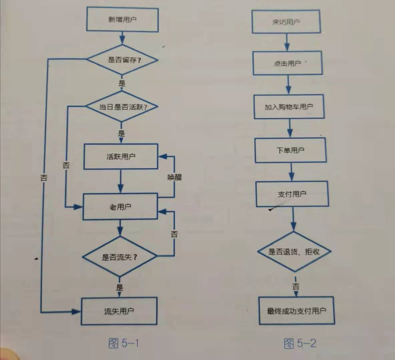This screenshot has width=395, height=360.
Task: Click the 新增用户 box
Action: [x=122, y=20]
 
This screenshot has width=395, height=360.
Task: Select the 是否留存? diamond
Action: [x=122, y=60]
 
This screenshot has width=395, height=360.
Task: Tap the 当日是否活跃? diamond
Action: [x=122, y=107]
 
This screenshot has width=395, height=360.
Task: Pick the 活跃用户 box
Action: [x=121, y=156]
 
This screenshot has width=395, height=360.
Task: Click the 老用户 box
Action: [x=120, y=207]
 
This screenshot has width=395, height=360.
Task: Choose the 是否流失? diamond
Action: [x=119, y=257]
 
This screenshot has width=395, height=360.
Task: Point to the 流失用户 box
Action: [x=119, y=311]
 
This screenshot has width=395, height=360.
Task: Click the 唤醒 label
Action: [x=174, y=177]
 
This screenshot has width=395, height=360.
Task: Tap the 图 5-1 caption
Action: [x=124, y=343]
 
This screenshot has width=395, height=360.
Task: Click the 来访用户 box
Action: [x=286, y=22]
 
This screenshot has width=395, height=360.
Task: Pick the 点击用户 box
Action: [x=288, y=63]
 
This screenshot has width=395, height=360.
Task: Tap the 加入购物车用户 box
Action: [x=289, y=107]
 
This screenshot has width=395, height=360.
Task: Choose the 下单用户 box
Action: [x=290, y=150]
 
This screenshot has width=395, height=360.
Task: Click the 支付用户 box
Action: [x=292, y=194]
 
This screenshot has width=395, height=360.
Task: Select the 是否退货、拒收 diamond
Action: [x=294, y=252]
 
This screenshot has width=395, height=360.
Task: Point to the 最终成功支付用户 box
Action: [x=297, y=311]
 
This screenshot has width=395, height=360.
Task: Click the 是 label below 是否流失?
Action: [x=119, y=287]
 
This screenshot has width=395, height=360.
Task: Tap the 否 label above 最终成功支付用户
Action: [x=296, y=286]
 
